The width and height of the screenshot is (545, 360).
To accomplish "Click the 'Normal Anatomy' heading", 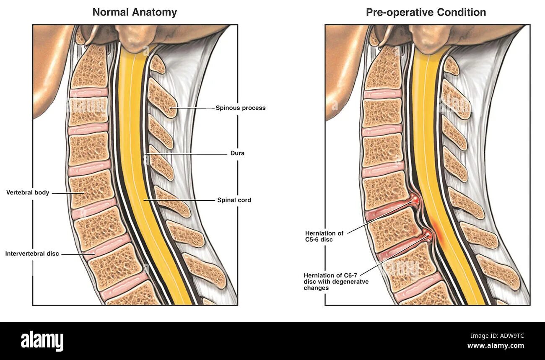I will (135, 12).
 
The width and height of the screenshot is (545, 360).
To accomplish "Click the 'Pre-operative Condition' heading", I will (426, 12).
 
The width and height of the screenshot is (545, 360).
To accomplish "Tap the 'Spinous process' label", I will (240, 108).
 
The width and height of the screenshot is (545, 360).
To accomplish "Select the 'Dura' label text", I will (237, 153).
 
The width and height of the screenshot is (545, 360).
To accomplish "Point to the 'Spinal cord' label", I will (234, 200).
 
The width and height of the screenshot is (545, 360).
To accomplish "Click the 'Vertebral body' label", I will (28, 193).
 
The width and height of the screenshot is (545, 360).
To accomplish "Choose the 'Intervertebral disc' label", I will (32, 254).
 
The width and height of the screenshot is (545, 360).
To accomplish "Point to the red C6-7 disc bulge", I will (428, 235).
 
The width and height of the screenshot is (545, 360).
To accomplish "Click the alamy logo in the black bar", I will (42, 340).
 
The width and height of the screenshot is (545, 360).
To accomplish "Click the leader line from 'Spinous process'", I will (195, 108).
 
